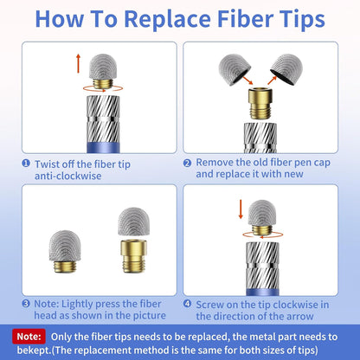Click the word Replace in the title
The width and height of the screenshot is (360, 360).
(168, 19)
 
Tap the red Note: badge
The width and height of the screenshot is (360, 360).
(29, 337)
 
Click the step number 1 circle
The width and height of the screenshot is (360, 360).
(26, 164)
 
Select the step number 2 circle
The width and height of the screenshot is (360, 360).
(187, 164)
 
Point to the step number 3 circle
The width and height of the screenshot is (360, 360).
(26, 304)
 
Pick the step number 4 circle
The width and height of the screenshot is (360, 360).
(187, 304)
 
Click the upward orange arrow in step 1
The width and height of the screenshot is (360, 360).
(78, 63)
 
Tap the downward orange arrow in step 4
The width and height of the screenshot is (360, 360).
(241, 209)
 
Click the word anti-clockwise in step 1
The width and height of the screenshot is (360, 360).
(68, 176)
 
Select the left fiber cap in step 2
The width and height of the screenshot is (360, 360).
(235, 69)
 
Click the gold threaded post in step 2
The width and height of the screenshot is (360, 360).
(260, 103)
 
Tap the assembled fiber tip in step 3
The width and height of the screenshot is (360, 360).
(65, 251)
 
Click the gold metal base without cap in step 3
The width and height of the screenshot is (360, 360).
(133, 256)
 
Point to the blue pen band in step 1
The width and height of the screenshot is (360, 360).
(103, 147)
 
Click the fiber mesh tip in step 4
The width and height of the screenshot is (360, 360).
(262, 214)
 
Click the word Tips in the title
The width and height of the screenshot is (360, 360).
(300, 20)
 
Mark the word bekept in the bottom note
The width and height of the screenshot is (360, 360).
(34, 350)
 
